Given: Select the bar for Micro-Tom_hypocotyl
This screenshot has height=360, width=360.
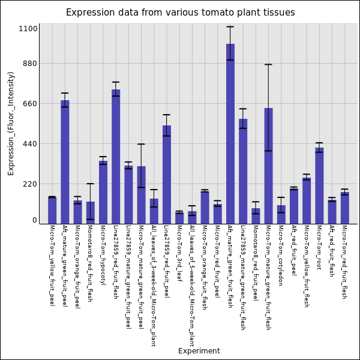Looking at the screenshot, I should click(x=103, y=192).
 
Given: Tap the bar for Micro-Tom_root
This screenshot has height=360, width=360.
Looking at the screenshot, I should click(x=319, y=185).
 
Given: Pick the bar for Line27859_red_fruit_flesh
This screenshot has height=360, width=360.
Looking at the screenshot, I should click(x=116, y=157).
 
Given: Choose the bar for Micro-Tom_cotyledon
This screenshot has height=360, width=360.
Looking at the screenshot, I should click(x=281, y=214).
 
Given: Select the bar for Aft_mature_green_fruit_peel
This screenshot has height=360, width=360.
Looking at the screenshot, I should click(x=65, y=162).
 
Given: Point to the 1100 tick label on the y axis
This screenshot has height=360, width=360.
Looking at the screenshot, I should click(x=28, y=29).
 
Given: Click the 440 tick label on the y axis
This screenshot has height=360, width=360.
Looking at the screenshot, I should click(x=30, y=144).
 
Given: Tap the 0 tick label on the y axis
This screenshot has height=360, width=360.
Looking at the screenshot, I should click(x=35, y=220).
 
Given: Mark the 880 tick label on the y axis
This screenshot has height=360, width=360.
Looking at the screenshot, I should click(x=30, y=64).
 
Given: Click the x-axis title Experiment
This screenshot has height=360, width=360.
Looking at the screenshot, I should click(x=199, y=351).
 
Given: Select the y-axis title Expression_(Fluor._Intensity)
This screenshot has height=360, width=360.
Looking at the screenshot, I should click(x=11, y=123).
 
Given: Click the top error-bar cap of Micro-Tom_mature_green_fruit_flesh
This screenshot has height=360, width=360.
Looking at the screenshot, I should click(x=268, y=64).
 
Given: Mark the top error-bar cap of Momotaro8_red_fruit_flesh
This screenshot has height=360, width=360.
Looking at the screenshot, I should click(x=90, y=184).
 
